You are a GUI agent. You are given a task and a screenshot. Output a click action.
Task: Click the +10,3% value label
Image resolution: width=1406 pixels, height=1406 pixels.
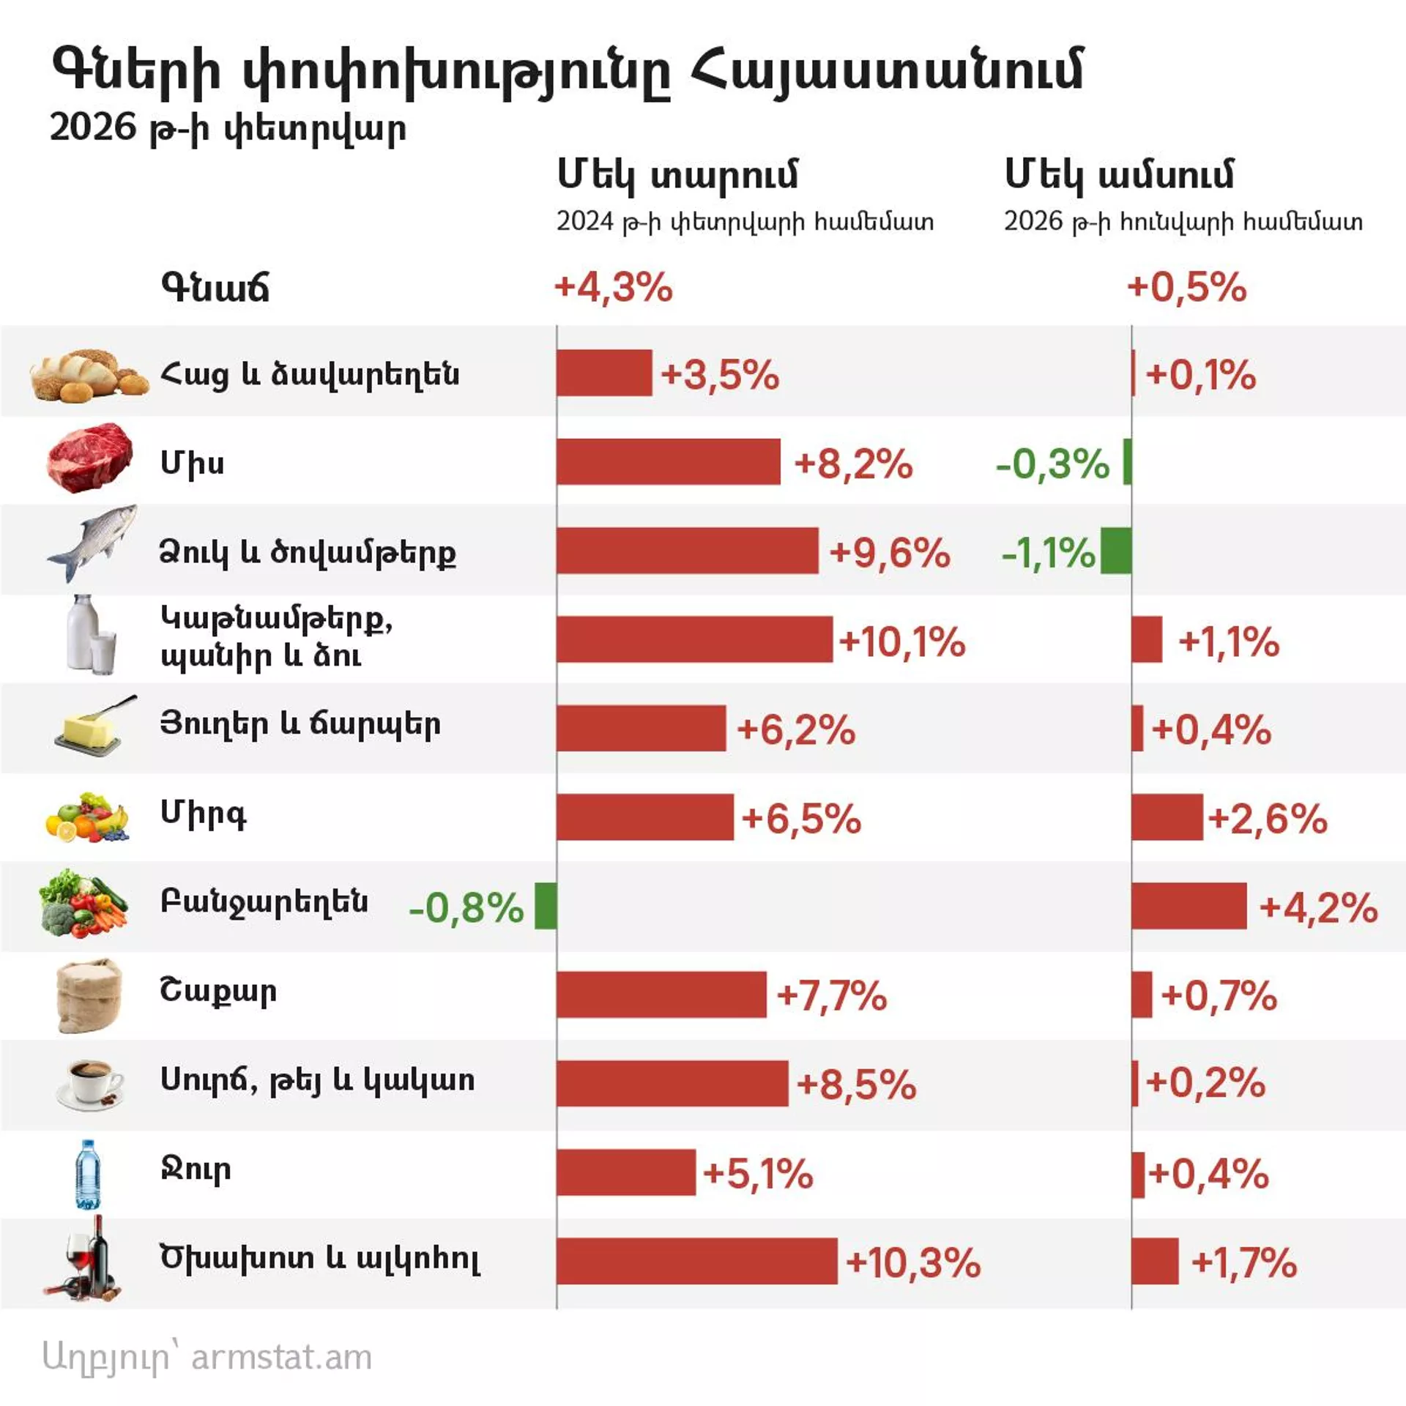click(x=912, y=1262)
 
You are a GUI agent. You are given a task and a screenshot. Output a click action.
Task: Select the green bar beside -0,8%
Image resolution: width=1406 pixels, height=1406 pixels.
click(x=545, y=906)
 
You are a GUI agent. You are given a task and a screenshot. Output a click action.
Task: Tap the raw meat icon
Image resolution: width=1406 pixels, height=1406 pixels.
click(x=89, y=458)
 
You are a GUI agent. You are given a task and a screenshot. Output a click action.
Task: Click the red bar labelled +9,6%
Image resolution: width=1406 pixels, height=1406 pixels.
click(x=687, y=551)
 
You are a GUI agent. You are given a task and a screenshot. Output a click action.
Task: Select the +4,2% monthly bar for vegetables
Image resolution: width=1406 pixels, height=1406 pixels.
click(x=1189, y=906)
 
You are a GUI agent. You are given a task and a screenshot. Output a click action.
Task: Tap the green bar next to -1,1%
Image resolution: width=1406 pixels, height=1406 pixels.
click(x=1115, y=551)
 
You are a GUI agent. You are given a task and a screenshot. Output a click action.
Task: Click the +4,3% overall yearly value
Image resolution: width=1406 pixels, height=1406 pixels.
click(x=613, y=286)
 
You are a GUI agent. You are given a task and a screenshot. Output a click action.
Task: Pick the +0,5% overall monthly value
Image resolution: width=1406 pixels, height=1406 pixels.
click(x=1186, y=286)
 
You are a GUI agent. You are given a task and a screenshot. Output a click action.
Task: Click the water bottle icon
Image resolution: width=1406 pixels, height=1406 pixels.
click(x=88, y=1173)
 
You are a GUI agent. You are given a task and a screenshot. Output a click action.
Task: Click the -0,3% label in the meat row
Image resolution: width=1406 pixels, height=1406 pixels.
click(x=1052, y=464)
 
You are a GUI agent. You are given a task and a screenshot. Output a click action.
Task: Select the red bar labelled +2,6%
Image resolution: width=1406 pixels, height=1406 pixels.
click(x=1167, y=817)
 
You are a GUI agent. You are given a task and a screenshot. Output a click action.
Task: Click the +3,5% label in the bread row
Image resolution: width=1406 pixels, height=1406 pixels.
click(x=719, y=375)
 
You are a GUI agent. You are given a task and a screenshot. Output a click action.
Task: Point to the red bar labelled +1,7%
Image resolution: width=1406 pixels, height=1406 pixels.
click(x=1155, y=1261)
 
